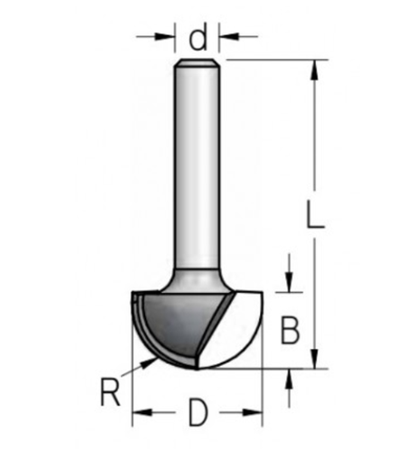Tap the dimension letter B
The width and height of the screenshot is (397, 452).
pyautogui.click(x=290, y=331)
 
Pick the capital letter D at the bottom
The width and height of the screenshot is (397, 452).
pyautogui.click(x=198, y=415)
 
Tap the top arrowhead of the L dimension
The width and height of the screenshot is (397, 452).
pyautogui.click(x=315, y=68)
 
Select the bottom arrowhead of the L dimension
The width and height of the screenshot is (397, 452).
pyautogui.click(x=315, y=361)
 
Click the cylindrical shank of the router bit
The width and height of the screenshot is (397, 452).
pyautogui.click(x=198, y=163)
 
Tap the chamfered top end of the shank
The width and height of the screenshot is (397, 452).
pyautogui.click(x=198, y=63)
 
